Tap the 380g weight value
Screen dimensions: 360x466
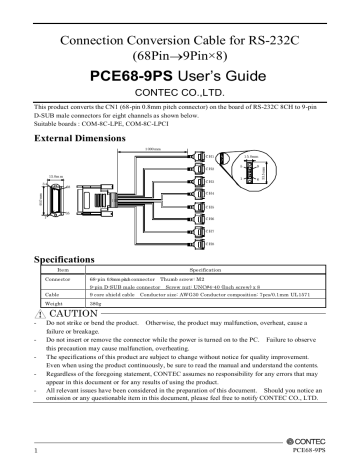click(x=96, y=276)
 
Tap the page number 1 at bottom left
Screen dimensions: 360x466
click(x=35, y=451)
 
